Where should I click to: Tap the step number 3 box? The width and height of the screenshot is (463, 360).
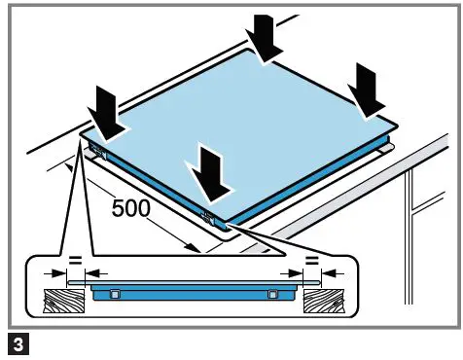click(16, 342)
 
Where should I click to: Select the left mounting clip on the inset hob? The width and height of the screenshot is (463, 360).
click(115, 294)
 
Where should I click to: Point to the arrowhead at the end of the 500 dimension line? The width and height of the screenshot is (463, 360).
click(196, 249)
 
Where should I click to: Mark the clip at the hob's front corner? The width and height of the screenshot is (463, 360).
click(206, 211)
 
